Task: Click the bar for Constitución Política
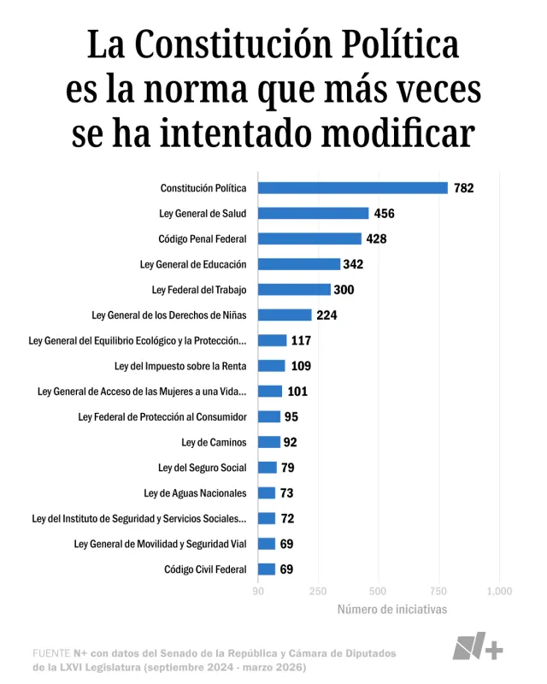pos(352,188)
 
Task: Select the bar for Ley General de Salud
pos(313,214)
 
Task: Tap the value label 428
pos(376,239)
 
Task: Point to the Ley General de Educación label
pos(192,264)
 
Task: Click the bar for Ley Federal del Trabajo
pos(294,290)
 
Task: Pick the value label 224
pos(326,315)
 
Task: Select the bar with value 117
pos(272,340)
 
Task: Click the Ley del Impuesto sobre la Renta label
pos(179,366)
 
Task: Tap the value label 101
pos(297,392)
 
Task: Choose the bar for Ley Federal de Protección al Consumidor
pos(268,416)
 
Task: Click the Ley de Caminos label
pos(214,442)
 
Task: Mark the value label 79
pos(287,468)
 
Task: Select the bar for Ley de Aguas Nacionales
pos(266,492)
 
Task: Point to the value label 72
pos(287,518)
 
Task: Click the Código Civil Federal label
pos(205,569)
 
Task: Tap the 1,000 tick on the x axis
pos(499,591)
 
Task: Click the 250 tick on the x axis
pos(318,591)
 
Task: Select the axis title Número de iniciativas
pos(391,610)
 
